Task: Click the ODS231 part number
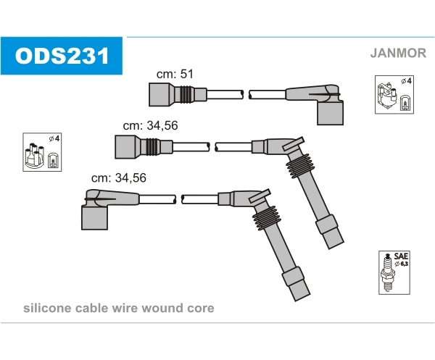[62, 56]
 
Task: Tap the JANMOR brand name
[398, 53]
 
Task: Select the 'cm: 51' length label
[175, 74]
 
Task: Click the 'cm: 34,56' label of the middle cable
[150, 125]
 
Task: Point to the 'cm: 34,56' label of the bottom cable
[119, 177]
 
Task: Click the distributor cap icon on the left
[34, 156]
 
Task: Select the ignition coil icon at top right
[387, 95]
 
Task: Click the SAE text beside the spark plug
[401, 256]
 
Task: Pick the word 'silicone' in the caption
[47, 308]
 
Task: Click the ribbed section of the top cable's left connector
[186, 94]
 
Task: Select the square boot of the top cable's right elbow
[330, 113]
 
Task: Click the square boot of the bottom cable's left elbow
[94, 218]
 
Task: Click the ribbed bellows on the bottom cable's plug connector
[266, 218]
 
